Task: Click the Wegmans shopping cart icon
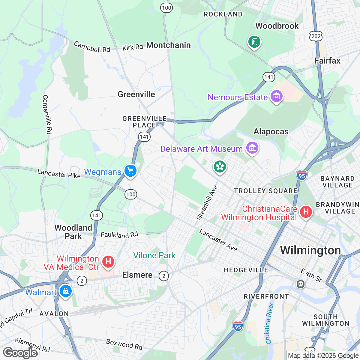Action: pos(130,171)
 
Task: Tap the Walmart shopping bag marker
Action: pos(65,291)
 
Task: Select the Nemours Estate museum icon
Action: pos(276,96)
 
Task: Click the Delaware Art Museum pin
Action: pos(252,148)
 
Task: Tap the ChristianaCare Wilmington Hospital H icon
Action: pos(306,212)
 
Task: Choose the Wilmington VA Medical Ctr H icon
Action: pos(108,262)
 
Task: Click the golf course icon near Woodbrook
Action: pos(254,42)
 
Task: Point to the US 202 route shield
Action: pos(316,37)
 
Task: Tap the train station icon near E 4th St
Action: pos(300,284)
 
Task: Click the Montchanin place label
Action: pos(168,45)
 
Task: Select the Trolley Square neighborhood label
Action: pos(265,191)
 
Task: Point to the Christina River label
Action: pos(270,323)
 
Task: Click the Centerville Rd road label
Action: pos(47,115)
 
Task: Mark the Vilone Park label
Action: pos(154,256)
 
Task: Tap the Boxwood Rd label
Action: pos(124,344)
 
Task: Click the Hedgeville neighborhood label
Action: pos(246,270)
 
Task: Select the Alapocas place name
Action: pos(271,132)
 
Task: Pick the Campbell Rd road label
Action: pos(92,47)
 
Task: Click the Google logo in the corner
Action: pos(20,353)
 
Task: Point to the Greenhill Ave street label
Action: pos(207,202)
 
